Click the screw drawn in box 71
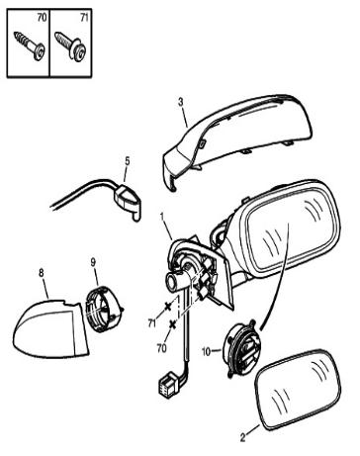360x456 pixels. pos(71,46)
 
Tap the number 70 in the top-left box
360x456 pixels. pos(43,18)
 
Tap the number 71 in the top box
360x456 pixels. pos(84,18)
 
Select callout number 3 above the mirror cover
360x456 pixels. pos(181,102)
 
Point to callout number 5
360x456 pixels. pos(128,161)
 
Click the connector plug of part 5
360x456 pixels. pos(128,202)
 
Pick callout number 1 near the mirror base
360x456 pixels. pos(162,217)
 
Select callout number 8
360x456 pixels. pos(42,273)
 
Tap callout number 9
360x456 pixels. pos(93,262)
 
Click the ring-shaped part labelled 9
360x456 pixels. pos(104,309)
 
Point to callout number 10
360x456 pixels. pos(206,352)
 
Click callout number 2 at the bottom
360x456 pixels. pos(242,438)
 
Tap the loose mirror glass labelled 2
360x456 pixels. pos(298,390)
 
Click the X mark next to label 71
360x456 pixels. pos(168,306)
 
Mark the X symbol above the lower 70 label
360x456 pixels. pos(172,324)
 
